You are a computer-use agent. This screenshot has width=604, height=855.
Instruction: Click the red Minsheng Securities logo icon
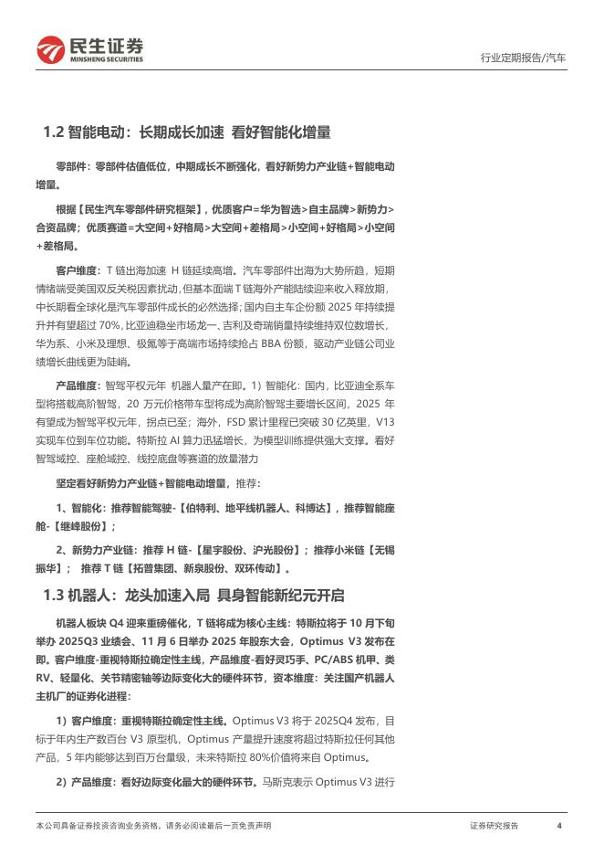pos(50,49)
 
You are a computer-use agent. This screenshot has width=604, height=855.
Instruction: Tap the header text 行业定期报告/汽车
pos(523,58)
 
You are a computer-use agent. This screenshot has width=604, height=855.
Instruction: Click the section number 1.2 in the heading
pos(55,132)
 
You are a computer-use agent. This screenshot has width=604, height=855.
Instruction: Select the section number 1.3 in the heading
pos(55,596)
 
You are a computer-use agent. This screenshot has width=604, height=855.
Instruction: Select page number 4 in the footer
pos(558,825)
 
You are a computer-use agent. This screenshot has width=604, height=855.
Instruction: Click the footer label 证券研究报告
pos(494,825)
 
